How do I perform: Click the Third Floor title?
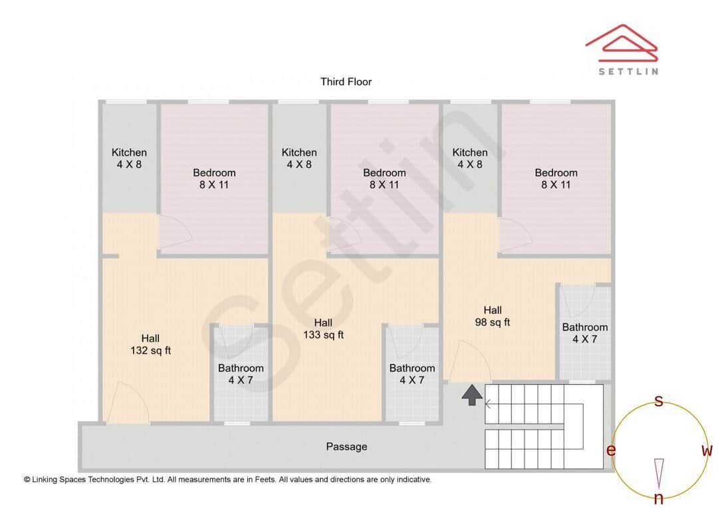point(346,82)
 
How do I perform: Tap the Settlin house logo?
point(622,44)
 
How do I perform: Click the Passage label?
point(346,447)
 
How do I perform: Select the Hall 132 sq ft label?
point(150,344)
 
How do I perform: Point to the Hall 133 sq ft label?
point(323,328)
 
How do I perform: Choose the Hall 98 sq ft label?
point(492,316)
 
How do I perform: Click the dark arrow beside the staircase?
point(472,395)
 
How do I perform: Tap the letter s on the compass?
point(659,401)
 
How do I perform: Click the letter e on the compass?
point(610,450)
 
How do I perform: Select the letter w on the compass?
point(707,450)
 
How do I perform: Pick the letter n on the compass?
point(659,499)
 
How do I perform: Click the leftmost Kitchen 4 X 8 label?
point(129,158)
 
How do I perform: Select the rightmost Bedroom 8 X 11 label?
point(556,178)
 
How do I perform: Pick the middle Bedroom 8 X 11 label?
point(384,178)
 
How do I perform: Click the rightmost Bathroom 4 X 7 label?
point(584,332)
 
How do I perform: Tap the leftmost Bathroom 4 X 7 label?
point(241,374)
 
